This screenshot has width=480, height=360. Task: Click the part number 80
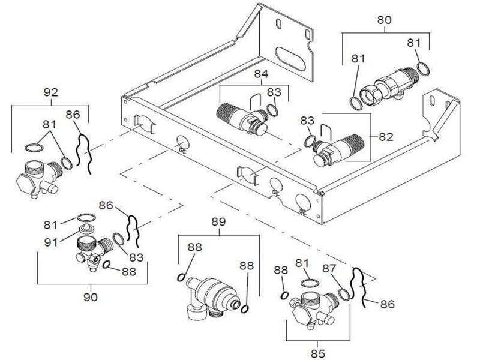click(x=384, y=20)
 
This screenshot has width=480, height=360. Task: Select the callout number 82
click(x=386, y=137)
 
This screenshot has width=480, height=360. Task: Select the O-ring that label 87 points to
click(x=343, y=294)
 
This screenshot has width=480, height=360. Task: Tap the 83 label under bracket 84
click(x=274, y=92)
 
